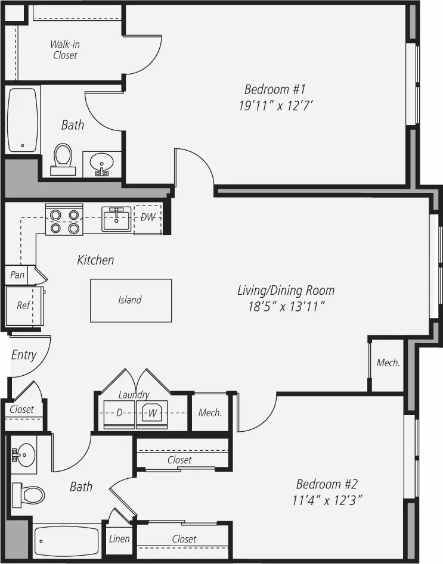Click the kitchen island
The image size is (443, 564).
coord(131,300)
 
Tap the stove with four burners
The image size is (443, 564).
coord(64,219)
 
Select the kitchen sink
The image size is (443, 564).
coord(116,219)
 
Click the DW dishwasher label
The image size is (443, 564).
coord(148,217)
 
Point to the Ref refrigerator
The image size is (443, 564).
coord(24,306)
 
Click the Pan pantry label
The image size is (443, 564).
coord(17,275)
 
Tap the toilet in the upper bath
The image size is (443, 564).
coord(63,160)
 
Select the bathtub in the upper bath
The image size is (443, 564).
coord(23,120)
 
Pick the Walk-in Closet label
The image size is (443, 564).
coord(65,49)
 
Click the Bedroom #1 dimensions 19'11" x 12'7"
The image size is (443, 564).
coord(275,106)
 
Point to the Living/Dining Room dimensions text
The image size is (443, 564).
coord(286,307)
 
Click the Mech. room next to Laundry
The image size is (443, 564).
coord(210,413)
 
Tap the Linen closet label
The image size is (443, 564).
coord(119,539)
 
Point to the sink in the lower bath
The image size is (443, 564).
coord(23,454)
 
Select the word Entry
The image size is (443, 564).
coord(24,356)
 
